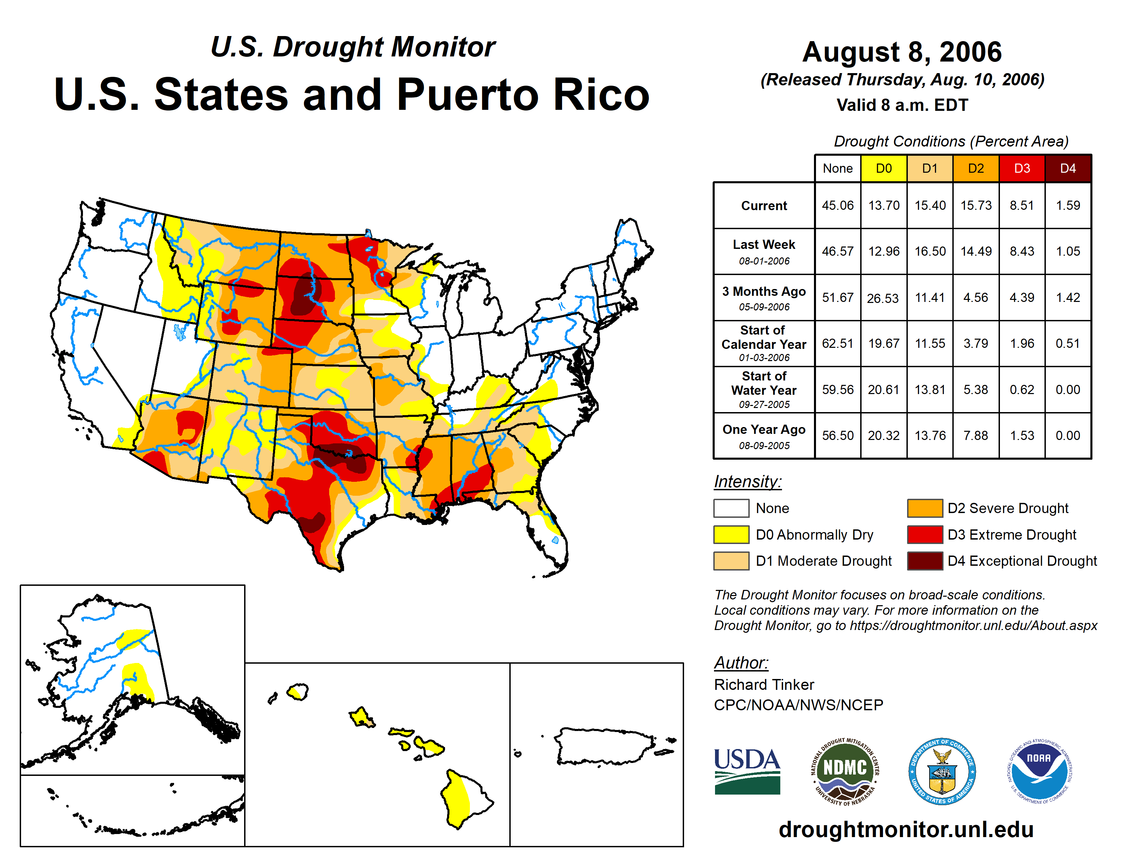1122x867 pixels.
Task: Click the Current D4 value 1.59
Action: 1068,205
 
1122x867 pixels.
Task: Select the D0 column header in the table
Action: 884,168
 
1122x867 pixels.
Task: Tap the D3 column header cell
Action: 1022,168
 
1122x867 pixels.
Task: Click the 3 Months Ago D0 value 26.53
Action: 883,298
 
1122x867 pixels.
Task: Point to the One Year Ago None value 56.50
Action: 837,436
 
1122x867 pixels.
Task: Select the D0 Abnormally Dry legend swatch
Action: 731,535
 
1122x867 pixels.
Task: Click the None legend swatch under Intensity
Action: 731,508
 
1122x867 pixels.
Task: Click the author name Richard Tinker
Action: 764,685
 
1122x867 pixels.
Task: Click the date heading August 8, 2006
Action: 902,52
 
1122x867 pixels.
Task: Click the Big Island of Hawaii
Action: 465,799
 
